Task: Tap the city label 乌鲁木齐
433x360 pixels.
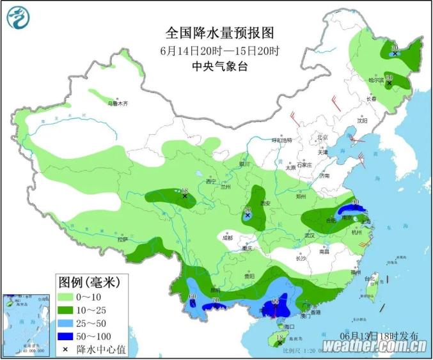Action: pyautogui.click(x=118, y=103)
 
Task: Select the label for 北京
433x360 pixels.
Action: pyautogui.click(x=322, y=137)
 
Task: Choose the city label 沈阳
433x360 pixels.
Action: pyautogui.click(x=363, y=120)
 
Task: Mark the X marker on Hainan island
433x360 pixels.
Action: pyautogui.click(x=279, y=343)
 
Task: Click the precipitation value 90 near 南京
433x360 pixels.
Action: pyautogui.click(x=355, y=203)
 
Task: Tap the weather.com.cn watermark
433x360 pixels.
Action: pyautogui.click(x=374, y=346)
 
